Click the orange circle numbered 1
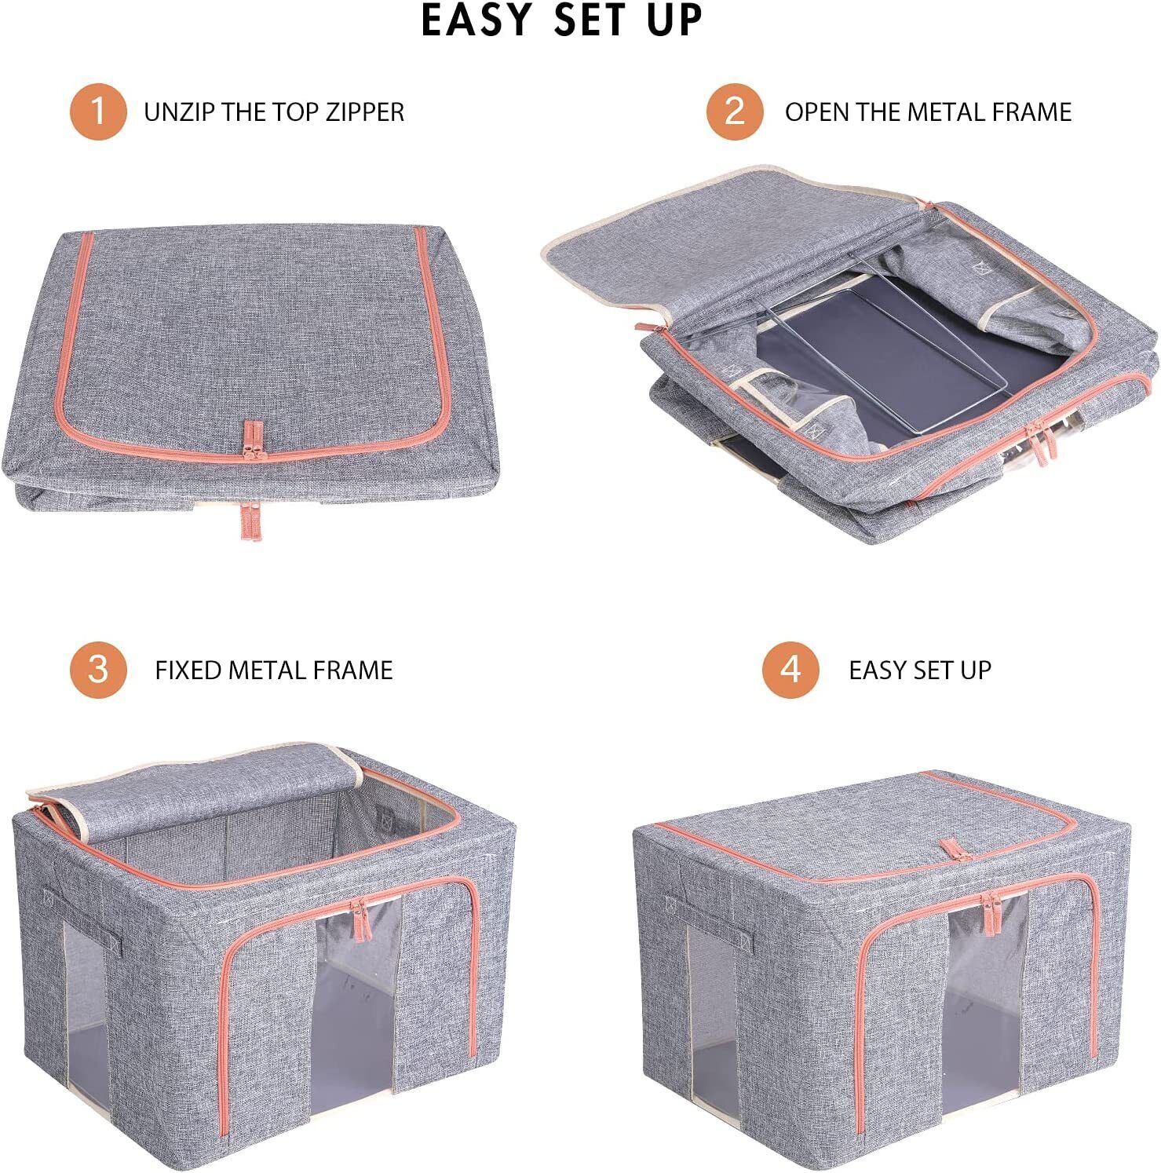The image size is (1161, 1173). point(98,111)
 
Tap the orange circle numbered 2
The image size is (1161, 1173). point(734,111)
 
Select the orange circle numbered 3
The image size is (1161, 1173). point(98,670)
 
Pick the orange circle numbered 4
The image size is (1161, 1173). point(790,670)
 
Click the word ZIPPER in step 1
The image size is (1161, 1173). point(365,112)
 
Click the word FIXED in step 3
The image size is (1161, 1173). point(188,671)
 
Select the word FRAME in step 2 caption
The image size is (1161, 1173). point(1031,112)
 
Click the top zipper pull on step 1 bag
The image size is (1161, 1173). point(254,440)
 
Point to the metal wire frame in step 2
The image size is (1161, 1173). point(879,353)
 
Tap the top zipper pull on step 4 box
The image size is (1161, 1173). point(950,850)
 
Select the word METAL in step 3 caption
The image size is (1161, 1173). point(267,671)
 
